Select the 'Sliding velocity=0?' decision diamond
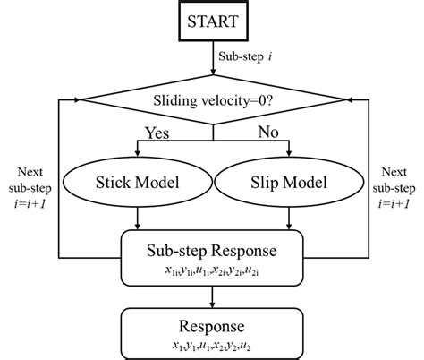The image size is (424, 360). click(213, 99)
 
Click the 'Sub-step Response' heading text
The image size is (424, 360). click(213, 248)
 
